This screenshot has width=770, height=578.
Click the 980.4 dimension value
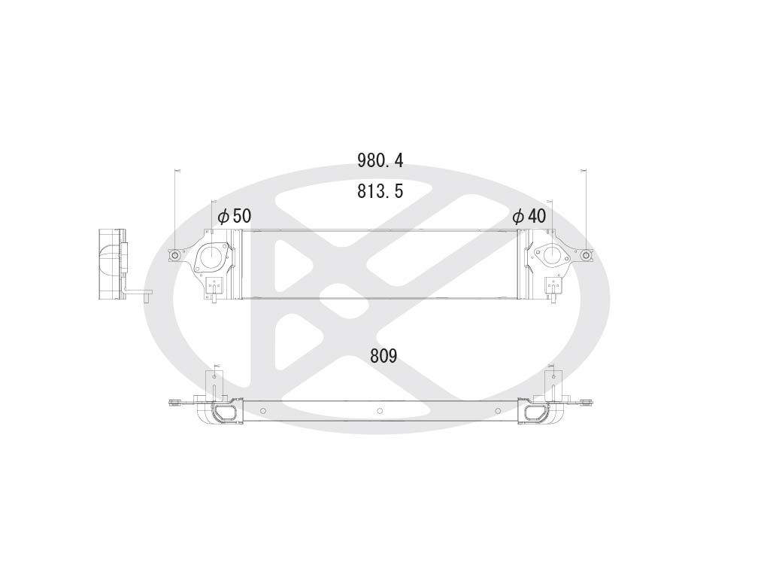click(380, 160)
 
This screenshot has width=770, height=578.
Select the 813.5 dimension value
click(380, 191)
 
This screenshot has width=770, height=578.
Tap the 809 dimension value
click(383, 356)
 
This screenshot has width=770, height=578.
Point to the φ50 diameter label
click(234, 216)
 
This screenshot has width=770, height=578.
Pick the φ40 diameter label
click(529, 216)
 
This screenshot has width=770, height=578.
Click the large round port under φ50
click(211, 257)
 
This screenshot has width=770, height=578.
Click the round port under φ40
click(550, 254)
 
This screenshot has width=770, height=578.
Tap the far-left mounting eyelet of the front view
click(175, 256)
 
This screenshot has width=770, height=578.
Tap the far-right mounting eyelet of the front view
click(586, 256)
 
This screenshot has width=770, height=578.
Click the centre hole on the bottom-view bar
click(380, 410)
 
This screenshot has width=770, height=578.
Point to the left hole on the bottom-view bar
click(263, 410)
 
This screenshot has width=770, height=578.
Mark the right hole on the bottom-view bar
click(496, 410)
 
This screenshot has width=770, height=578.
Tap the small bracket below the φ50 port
click(214, 287)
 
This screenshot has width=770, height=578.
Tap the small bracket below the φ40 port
click(553, 287)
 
